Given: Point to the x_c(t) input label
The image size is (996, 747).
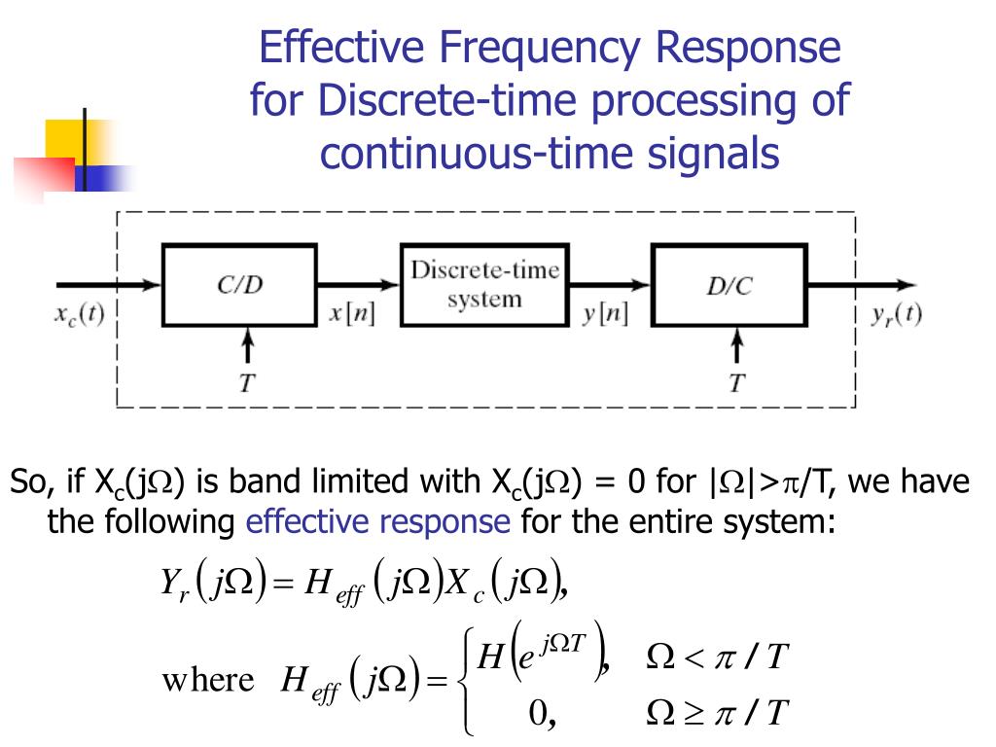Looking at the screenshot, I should tap(80, 316).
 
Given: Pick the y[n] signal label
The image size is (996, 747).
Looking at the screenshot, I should tap(605, 316).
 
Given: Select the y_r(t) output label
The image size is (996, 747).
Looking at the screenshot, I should tap(894, 314).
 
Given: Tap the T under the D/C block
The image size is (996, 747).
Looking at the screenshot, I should tap(738, 383).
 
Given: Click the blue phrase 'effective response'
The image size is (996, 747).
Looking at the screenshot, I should tap(378, 522).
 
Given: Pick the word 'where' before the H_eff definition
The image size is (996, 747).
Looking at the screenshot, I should tap(207, 679).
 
